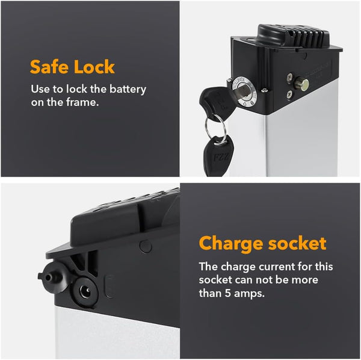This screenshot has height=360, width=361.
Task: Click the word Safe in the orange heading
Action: click(49, 67)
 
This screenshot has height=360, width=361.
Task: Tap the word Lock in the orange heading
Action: click(94, 67)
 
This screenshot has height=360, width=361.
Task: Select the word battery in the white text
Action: click(128, 89)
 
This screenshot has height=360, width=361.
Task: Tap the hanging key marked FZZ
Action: click(218, 155)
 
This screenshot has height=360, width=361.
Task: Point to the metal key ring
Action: click(215, 129)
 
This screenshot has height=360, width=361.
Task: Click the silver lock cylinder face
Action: click(244, 92)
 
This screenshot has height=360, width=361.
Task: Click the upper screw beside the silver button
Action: click(290, 77)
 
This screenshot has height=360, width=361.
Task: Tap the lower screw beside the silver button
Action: click(289, 94)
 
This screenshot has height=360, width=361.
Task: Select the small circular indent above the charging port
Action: click(146, 246)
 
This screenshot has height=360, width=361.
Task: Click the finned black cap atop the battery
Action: click(294, 36)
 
